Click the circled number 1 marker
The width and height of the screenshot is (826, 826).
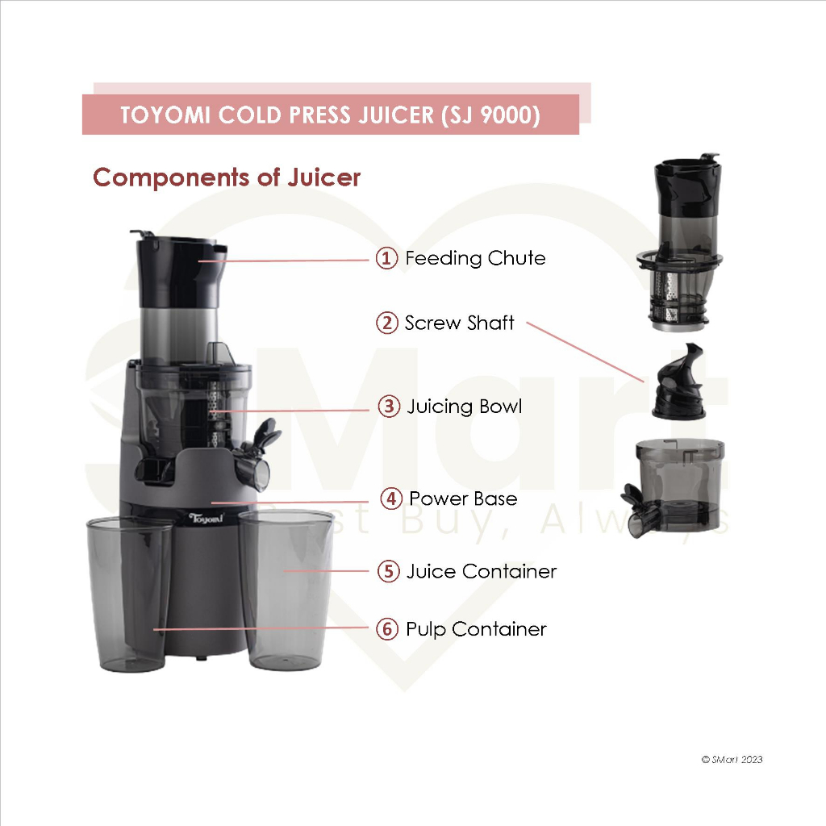pyautogui.click(x=386, y=258)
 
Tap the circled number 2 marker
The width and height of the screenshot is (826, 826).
pyautogui.click(x=386, y=323)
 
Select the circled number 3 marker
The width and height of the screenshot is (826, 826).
pyautogui.click(x=390, y=407)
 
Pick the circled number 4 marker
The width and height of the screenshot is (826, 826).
pyautogui.click(x=391, y=499)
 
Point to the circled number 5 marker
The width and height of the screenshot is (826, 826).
pyautogui.click(x=389, y=571)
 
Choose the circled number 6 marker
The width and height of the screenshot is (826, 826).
pyautogui.click(x=387, y=629)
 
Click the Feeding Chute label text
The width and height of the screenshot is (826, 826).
pyautogui.click(x=475, y=258)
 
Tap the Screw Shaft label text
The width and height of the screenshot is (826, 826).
pyautogui.click(x=459, y=323)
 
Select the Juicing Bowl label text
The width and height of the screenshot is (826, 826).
pyautogui.click(x=465, y=407)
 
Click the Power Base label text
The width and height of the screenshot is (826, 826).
pyautogui.click(x=463, y=499)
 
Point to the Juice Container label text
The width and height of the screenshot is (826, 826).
pyautogui.click(x=482, y=571)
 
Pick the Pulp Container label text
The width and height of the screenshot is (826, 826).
pyautogui.click(x=476, y=629)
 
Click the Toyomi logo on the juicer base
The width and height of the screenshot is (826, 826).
pyautogui.click(x=206, y=519)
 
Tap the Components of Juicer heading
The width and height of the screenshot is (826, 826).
pyautogui.click(x=227, y=177)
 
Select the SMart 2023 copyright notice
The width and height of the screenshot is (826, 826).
pyautogui.click(x=732, y=759)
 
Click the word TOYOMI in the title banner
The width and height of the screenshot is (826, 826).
pyautogui.click(x=165, y=115)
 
